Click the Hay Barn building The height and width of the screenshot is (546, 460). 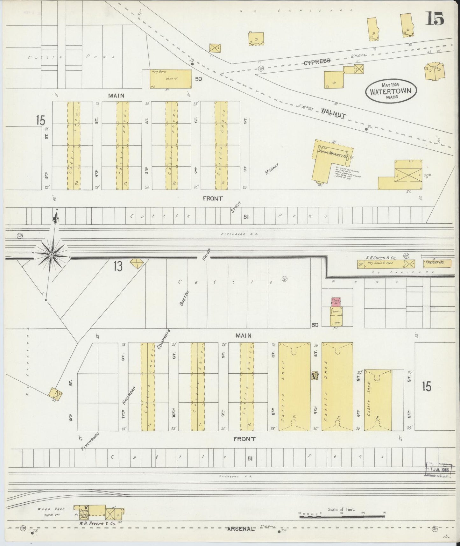pos(171,79)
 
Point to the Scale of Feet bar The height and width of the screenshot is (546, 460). pos(342,516)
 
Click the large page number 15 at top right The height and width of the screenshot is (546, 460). pos(435,20)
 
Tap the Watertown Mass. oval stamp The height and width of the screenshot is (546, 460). pos(390,91)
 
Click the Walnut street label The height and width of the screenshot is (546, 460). pos(333,113)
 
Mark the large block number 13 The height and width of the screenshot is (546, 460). pos(117,266)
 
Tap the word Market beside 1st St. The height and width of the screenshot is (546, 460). pos(272,169)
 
